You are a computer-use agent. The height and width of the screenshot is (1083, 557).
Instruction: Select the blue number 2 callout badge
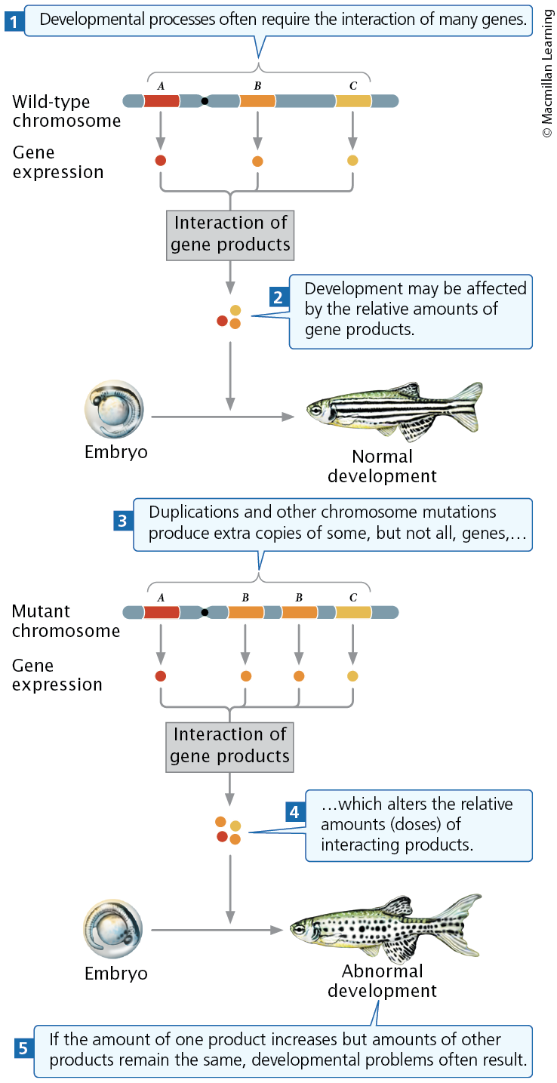pyautogui.click(x=278, y=297)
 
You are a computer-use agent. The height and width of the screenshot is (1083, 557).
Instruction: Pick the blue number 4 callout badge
pyautogui.click(x=295, y=812)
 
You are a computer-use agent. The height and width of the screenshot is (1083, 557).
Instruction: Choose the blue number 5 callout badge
pyautogui.click(x=23, y=1048)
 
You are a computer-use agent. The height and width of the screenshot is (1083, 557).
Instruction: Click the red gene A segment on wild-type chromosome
pyautogui.click(x=162, y=100)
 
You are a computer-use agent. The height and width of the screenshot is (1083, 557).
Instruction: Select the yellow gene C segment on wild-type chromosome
pyautogui.click(x=353, y=100)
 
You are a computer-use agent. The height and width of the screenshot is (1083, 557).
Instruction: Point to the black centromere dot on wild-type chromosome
pyautogui.click(x=205, y=100)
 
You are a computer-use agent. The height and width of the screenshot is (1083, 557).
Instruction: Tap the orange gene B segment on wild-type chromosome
pyautogui.click(x=257, y=100)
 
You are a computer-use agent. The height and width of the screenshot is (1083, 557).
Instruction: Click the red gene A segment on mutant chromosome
pyautogui.click(x=162, y=612)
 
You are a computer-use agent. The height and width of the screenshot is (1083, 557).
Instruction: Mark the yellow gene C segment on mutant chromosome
pyautogui.click(x=353, y=612)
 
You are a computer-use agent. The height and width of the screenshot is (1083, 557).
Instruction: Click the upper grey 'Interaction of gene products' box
pyautogui.click(x=230, y=234)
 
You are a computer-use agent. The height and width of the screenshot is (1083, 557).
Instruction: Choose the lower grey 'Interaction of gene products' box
pyautogui.click(x=230, y=746)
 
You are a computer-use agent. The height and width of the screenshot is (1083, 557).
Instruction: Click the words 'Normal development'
pyautogui.click(x=382, y=466)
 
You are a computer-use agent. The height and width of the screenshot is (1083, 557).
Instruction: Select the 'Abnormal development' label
pyautogui.click(x=382, y=980)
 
